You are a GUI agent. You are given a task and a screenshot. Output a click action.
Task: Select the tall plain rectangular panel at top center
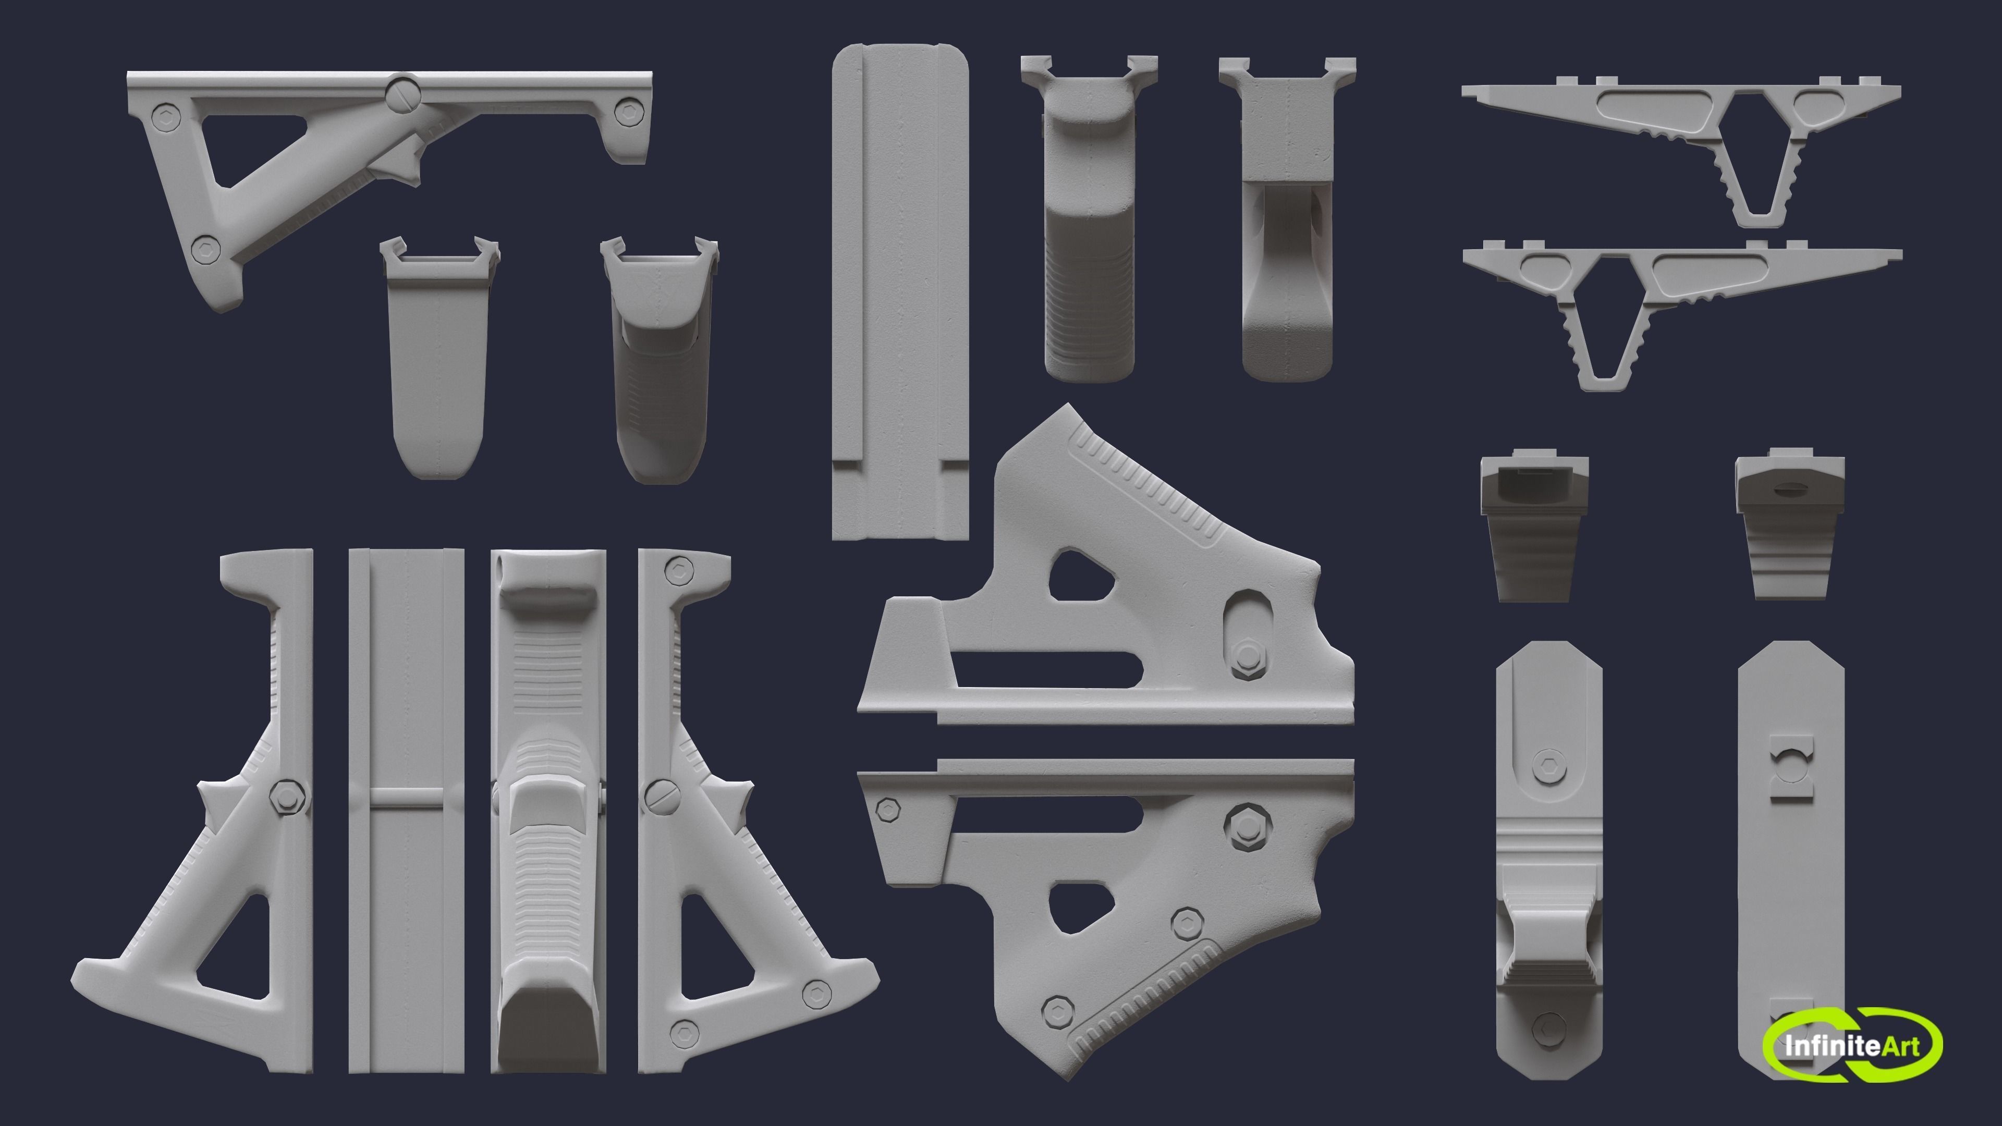(x=900, y=291)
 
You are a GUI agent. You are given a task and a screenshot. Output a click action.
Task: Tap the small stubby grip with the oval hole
(x=1789, y=529)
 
